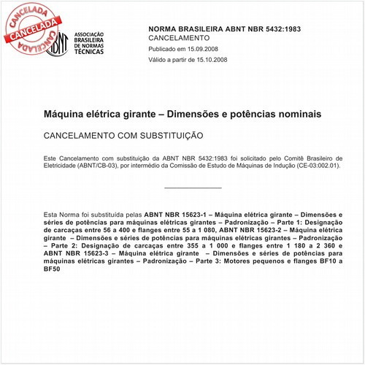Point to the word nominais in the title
(293, 115)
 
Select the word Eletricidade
(64, 166)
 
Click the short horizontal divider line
(186, 188)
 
